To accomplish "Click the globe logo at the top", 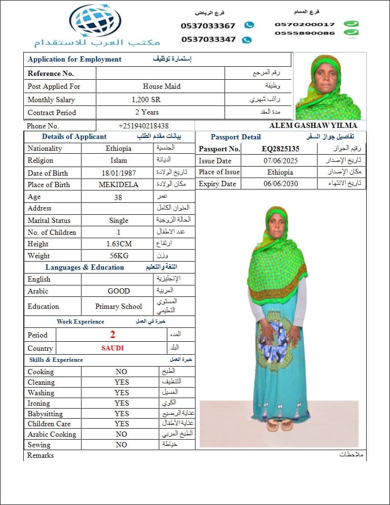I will [95, 20].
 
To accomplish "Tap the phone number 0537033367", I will [208, 26].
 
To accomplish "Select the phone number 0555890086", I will [305, 33].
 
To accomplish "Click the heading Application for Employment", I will [75, 59].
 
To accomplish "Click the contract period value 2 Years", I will [147, 112].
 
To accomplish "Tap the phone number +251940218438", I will [144, 126].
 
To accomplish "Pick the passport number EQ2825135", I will [280, 148].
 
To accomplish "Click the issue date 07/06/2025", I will [280, 160].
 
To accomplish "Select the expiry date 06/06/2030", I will [280, 184].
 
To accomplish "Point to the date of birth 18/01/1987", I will [118, 173].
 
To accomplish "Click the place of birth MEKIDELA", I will [118, 185].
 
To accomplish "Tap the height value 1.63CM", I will [119, 243].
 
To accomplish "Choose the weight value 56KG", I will [119, 255].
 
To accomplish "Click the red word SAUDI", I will [113, 348].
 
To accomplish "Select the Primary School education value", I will [119, 306].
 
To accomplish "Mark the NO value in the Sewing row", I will [122, 444].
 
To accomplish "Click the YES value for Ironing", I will [122, 403].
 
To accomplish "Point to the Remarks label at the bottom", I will [41, 455].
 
